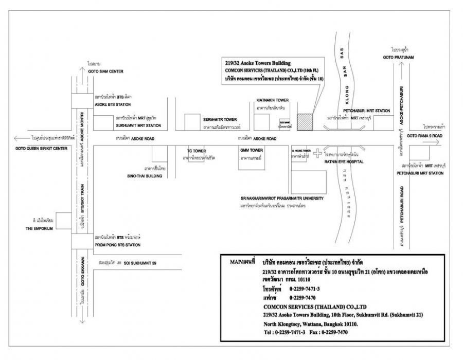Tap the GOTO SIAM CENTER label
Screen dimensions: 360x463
pyautogui.click(x=106, y=71)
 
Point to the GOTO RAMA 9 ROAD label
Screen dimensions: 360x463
pyautogui.click(x=425, y=136)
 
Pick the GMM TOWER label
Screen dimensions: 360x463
pyautogui.click(x=252, y=150)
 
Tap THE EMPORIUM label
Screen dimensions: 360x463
pyautogui.click(x=36, y=228)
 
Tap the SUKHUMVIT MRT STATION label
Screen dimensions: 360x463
pyautogui.click(x=135, y=124)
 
